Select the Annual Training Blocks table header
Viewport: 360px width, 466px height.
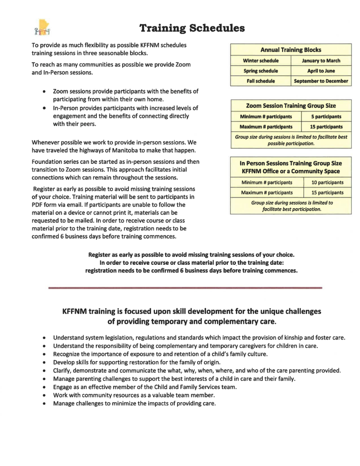point(290,50)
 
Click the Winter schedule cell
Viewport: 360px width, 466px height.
point(261,61)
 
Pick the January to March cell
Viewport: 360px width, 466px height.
point(321,61)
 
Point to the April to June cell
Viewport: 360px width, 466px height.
point(321,71)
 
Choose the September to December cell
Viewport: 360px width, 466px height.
point(321,81)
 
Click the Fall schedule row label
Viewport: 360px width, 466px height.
point(261,81)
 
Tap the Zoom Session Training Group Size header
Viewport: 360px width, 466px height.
point(291,106)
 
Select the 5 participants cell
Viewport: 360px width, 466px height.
point(326,116)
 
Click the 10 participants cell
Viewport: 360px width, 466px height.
point(327,183)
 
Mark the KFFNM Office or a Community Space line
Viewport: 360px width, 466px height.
point(290,171)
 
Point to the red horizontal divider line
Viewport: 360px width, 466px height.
point(185,288)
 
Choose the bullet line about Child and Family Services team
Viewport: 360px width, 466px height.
point(145,387)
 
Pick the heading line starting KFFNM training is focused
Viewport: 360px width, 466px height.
point(192,311)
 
